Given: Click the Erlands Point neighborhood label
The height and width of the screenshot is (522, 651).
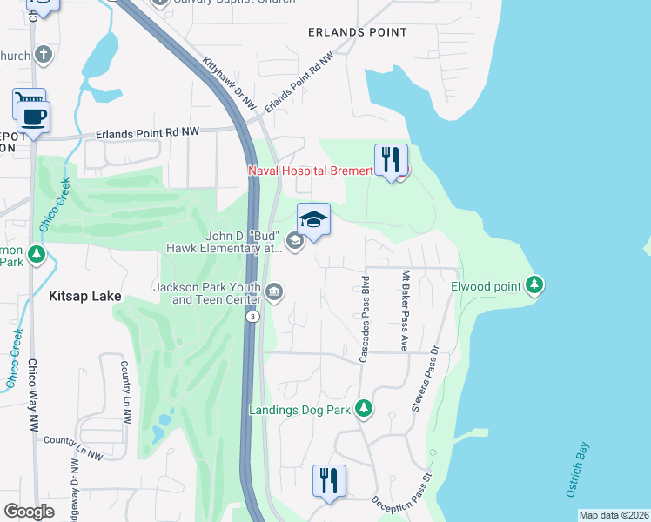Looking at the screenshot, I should coord(357,32).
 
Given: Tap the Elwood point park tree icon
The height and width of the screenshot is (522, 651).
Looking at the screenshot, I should coord(534,285).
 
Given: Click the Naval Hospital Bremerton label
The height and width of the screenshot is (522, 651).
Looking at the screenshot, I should coord(312,171).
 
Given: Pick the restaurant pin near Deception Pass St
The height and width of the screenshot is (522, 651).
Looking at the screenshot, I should coord(329,483).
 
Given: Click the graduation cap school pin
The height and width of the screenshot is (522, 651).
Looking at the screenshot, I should coord(314,221).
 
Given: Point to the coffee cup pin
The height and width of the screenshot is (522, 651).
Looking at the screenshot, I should coord(34,118).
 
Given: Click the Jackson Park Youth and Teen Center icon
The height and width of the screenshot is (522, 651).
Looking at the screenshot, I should coord(274,291).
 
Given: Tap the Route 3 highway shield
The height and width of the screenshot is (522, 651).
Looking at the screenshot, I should coord(252,318).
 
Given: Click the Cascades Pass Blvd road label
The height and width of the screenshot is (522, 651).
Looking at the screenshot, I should coord(366,314).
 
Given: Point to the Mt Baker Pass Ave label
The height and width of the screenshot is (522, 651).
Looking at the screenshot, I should coord(405,310).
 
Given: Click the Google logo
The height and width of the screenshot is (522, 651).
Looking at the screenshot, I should coord(30,511).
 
